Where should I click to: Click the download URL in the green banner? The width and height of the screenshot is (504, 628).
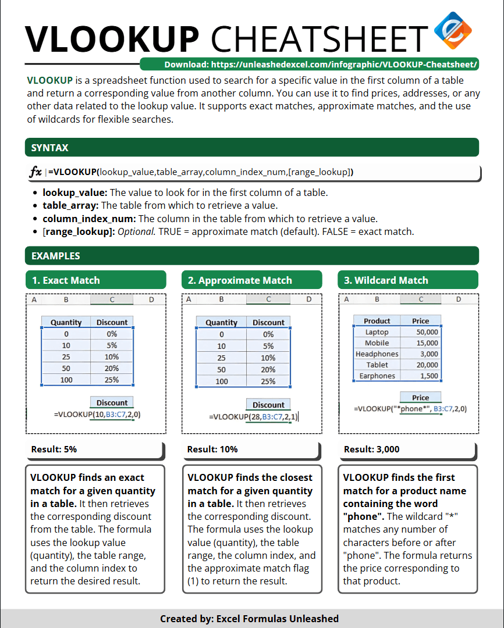321,65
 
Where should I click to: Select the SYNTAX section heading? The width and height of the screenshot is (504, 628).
50,148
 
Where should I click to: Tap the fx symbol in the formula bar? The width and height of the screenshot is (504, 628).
36,172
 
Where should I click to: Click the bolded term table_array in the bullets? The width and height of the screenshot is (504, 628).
70,205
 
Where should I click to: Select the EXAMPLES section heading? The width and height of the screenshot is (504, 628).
56,256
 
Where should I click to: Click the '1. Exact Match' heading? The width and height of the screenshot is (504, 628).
66,280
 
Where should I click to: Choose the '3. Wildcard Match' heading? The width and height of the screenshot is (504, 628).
386,280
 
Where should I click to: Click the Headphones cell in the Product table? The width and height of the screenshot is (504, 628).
377,354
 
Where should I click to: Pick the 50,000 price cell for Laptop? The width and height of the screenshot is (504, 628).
427,332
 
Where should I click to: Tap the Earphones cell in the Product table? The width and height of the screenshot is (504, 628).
377,376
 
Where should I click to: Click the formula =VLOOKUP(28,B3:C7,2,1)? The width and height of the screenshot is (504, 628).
254,416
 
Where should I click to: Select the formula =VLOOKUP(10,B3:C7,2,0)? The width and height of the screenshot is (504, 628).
98,415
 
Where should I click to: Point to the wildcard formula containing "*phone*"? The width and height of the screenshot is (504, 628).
410,409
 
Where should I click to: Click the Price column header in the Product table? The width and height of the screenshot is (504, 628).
420,321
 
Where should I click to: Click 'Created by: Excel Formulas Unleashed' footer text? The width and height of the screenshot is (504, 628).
249,619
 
